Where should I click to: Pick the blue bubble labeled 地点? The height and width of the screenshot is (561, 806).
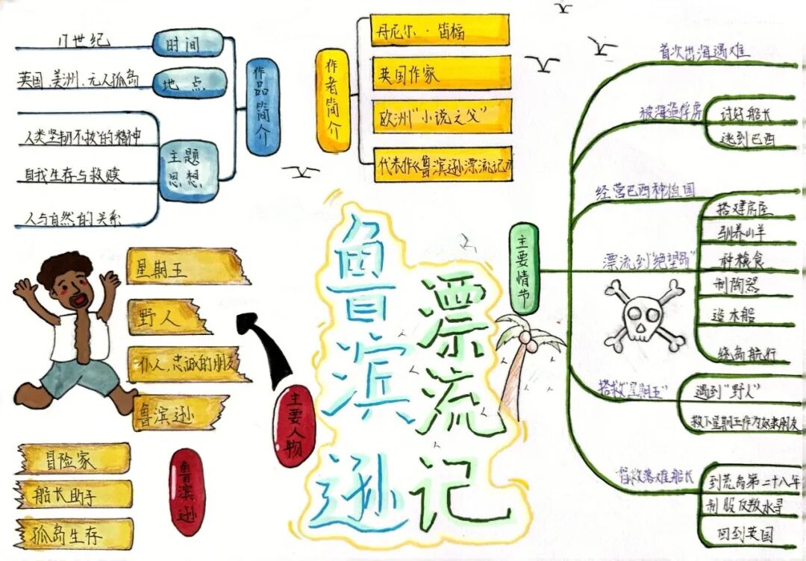[x=189, y=84]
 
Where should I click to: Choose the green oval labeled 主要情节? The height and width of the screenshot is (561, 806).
[x=523, y=269]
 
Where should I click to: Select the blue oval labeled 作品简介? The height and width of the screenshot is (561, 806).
[x=260, y=107]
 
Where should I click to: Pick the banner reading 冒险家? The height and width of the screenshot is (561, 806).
[x=75, y=459]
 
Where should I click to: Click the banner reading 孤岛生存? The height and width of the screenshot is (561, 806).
[x=75, y=534]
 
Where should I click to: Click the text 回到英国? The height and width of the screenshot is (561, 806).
[x=742, y=534]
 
